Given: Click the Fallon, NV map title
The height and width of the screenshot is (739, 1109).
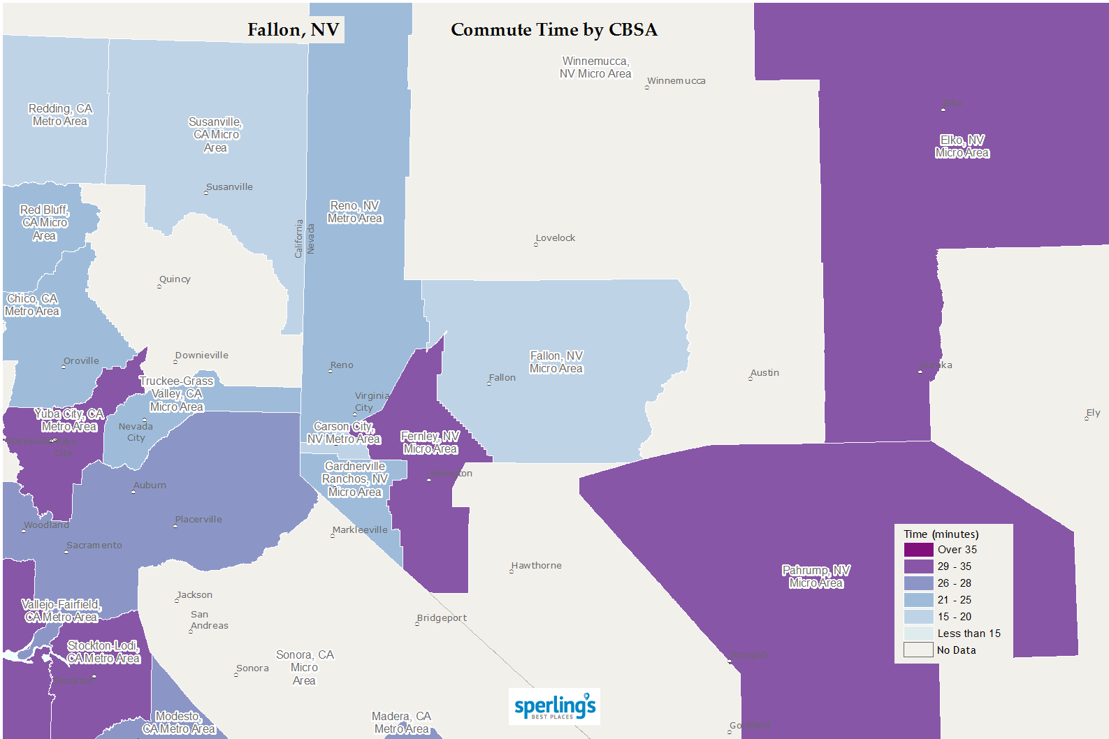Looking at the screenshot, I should [x=293, y=30].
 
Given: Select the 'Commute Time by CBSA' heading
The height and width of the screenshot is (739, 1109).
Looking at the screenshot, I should [x=553, y=30].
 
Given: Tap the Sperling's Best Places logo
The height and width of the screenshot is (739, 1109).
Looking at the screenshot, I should [x=554, y=707].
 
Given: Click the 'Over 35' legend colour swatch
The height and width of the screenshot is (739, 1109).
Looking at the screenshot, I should [x=918, y=550].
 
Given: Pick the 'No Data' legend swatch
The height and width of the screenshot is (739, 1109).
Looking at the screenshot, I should [x=918, y=650].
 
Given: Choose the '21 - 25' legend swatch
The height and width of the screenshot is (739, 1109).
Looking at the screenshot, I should [x=918, y=600].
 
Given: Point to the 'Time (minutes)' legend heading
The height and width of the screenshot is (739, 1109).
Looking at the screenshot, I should [x=941, y=534].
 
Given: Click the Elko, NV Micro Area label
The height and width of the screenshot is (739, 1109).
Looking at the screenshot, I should [x=962, y=147].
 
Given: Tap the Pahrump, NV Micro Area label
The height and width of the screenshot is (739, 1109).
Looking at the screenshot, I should [x=816, y=577].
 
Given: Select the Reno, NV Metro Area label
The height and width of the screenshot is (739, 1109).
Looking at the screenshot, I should [x=355, y=212].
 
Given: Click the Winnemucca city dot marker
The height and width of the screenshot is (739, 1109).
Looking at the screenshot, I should [x=647, y=87].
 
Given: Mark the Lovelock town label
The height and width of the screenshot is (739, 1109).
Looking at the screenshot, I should [x=556, y=238].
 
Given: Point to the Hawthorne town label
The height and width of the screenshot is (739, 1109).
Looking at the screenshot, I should [x=537, y=566].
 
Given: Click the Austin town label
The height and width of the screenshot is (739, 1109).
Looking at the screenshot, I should [x=765, y=373].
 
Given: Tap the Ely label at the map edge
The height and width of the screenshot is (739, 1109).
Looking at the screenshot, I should [x=1094, y=413].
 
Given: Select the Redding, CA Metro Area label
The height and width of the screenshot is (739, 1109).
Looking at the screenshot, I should [x=60, y=115].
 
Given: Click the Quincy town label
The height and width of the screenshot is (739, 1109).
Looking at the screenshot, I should [x=175, y=279].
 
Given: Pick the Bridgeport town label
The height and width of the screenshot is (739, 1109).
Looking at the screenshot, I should [x=442, y=618].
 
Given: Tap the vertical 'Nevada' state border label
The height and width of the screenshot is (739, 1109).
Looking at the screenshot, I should [x=311, y=239].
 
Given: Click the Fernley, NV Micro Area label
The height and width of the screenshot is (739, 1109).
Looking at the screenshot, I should [x=430, y=443].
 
